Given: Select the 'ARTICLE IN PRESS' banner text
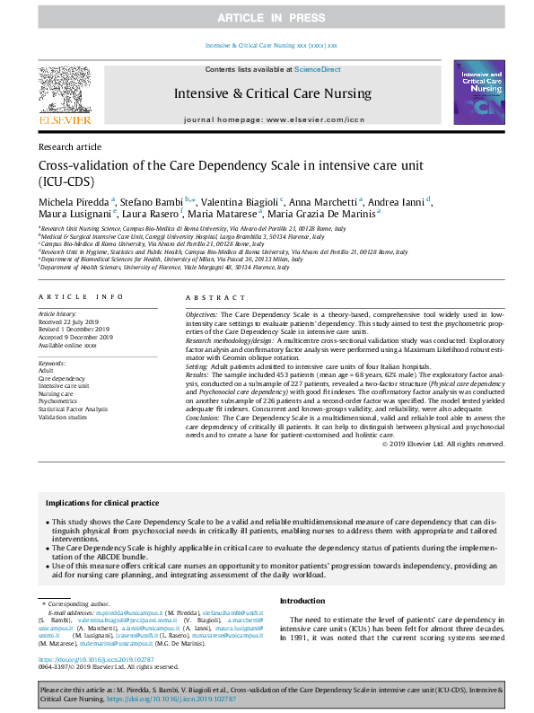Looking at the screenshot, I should click(x=267, y=18).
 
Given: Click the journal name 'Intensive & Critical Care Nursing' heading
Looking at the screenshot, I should click(x=272, y=92).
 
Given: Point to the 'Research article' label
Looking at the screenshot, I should click(x=70, y=145).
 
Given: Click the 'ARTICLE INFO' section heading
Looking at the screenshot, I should click(x=82, y=296).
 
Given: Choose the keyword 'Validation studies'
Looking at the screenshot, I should click(x=63, y=418).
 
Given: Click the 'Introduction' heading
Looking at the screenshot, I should click(x=302, y=601).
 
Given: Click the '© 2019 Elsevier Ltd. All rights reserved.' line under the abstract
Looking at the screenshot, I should click(x=443, y=444).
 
